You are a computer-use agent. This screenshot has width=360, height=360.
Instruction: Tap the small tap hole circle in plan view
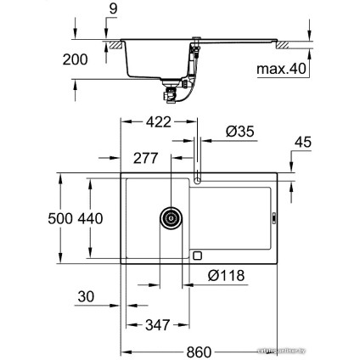(199, 179)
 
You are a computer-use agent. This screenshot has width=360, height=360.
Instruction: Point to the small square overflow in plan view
(197, 254)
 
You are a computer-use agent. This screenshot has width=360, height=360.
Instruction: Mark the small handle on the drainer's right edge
(273, 217)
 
